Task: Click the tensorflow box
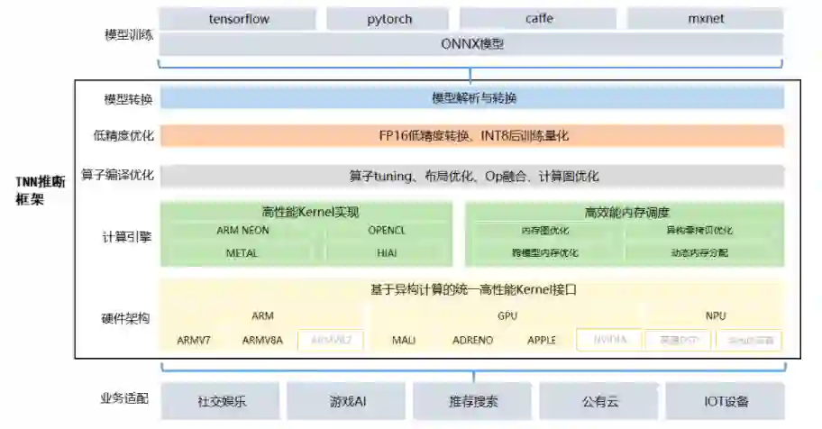pos(239,18)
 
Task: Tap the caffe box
pos(539,18)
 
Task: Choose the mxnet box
pos(705,18)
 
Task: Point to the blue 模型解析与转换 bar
pos(472,97)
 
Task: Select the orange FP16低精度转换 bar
pos(472,135)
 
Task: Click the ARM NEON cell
pos(242,231)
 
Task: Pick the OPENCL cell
pos(387,231)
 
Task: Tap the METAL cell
pos(242,253)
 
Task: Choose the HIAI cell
pos(387,253)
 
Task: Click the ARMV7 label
pos(194,341)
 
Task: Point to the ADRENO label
pos(472,341)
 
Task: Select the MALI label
pos(403,341)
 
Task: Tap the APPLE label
pos(542,341)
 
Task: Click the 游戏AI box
pos(347,401)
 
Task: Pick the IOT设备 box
pos(726,401)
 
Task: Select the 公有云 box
pos(599,401)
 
